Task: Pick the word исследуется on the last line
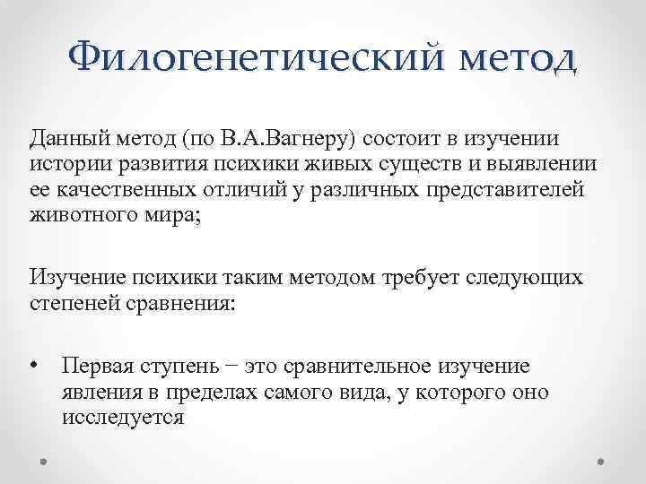(x=123, y=418)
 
